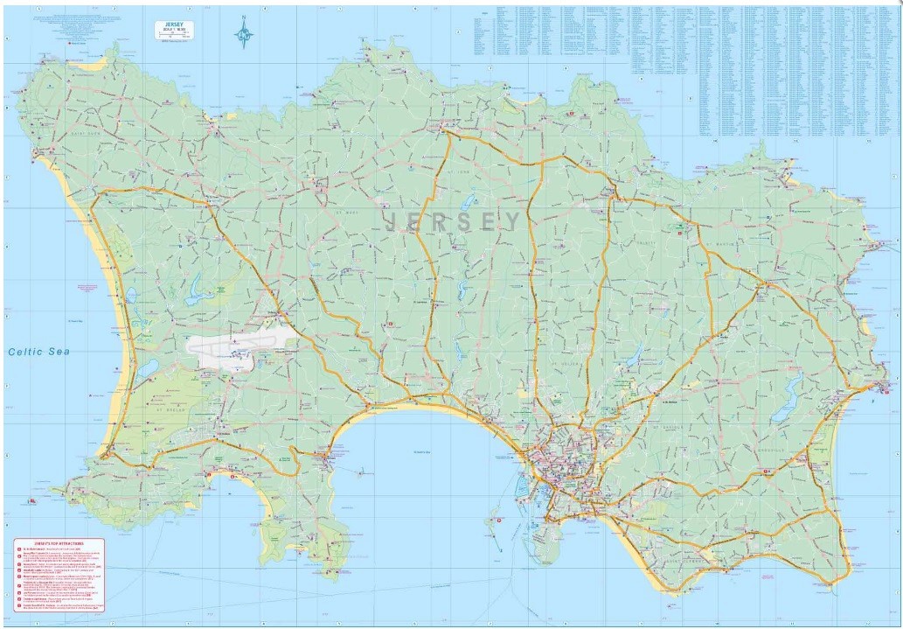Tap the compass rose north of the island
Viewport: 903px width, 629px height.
coord(244,34)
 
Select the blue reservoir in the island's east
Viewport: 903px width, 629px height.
coord(793,386)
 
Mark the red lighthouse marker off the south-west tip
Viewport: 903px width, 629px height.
coord(32,501)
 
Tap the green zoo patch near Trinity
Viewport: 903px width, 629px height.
coord(678,229)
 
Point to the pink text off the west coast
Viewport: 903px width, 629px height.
coord(88,286)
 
